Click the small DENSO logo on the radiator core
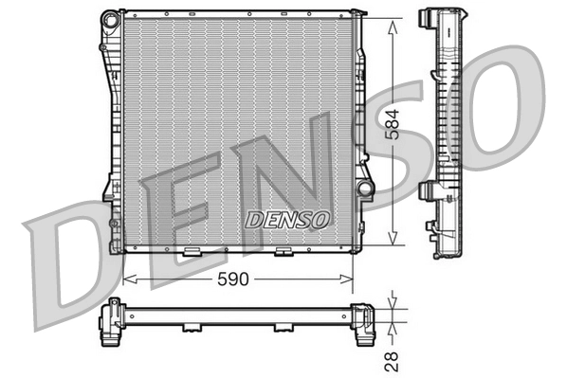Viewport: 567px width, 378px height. click(287, 219)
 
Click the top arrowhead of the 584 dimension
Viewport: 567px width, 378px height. click(394, 16)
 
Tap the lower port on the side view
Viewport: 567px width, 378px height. click(428, 190)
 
